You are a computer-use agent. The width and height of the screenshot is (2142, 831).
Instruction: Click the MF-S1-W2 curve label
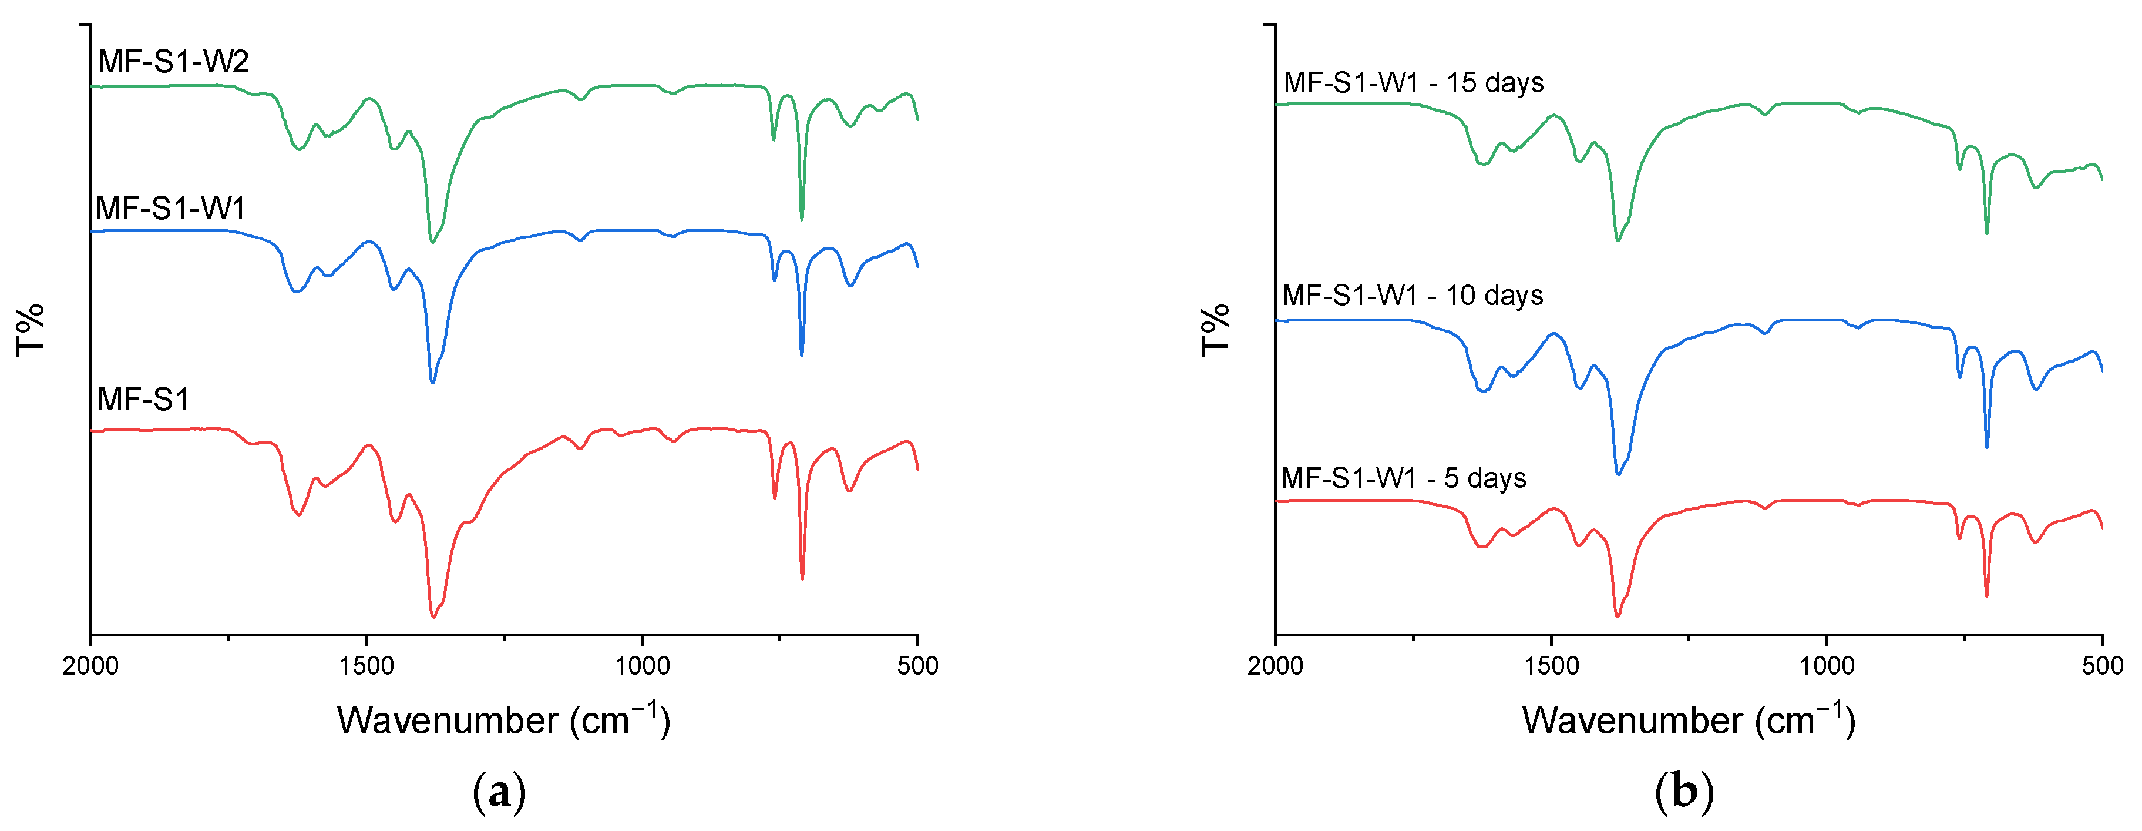click(x=173, y=62)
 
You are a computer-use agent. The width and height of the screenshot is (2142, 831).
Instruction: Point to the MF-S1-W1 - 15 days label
click(x=1413, y=82)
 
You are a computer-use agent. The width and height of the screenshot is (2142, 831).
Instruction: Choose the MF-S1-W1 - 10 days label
click(x=1412, y=295)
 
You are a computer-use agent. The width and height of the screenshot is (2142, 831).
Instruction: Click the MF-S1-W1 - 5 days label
click(x=1404, y=478)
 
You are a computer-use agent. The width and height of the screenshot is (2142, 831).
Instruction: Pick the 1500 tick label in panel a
click(x=366, y=665)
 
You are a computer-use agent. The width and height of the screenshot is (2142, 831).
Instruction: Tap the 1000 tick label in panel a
click(x=642, y=665)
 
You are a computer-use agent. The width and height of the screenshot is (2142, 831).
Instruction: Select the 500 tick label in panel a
click(x=918, y=665)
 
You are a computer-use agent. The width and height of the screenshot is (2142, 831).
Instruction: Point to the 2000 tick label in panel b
click(x=1276, y=665)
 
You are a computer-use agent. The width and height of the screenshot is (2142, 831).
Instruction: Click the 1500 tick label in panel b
click(x=1552, y=665)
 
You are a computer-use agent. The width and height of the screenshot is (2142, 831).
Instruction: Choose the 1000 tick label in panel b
click(x=1827, y=665)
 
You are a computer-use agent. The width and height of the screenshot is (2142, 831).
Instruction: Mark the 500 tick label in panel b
click(x=2103, y=665)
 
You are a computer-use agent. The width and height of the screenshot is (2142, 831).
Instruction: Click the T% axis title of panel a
click(x=31, y=330)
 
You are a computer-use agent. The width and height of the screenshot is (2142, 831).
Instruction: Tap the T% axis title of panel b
click(x=1216, y=330)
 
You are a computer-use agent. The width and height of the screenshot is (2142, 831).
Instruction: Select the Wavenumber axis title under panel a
click(x=503, y=719)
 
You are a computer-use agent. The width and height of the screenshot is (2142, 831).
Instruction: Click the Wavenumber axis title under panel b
click(x=1689, y=719)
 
